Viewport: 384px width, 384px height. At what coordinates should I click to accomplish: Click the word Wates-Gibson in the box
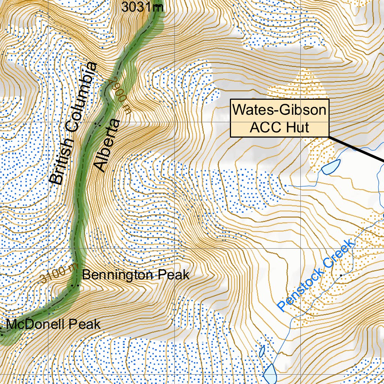pyautogui.click(x=279, y=110)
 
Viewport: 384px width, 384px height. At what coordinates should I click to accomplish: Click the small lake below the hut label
pyautogui.click(x=331, y=166)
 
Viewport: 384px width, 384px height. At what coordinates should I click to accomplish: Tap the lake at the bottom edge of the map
pyautogui.click(x=270, y=373)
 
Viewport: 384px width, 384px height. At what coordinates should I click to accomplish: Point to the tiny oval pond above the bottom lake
pyautogui.click(x=261, y=351)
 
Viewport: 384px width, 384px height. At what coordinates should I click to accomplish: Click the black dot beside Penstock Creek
pyautogui.click(x=341, y=275)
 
